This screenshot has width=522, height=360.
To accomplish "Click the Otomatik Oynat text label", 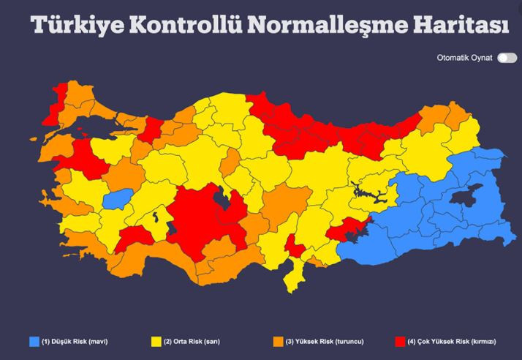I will tap(464, 58).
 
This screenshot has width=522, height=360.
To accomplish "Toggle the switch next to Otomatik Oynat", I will tap(507, 58).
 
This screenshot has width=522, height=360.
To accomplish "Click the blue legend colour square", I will tap(34, 342).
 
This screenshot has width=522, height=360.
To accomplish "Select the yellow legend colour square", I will tap(156, 342).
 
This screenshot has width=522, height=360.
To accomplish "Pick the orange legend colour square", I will tap(278, 342).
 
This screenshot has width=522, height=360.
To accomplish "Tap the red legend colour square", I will tap(400, 342).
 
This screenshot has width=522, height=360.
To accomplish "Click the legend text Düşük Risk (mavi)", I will tap(72, 342).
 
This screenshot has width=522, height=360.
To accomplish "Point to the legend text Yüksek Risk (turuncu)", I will tap(325, 342).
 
